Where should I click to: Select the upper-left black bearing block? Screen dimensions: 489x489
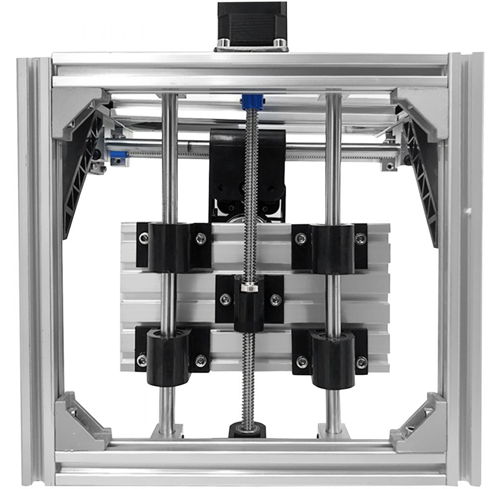[169, 247]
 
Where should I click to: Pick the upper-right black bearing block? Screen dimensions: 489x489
[333, 247]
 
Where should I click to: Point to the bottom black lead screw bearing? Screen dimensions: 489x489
[247, 430]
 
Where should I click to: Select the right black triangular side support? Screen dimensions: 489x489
[422, 181]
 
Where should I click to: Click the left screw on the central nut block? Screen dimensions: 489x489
[225, 300]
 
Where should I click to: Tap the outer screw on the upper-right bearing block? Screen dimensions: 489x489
[360, 239]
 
